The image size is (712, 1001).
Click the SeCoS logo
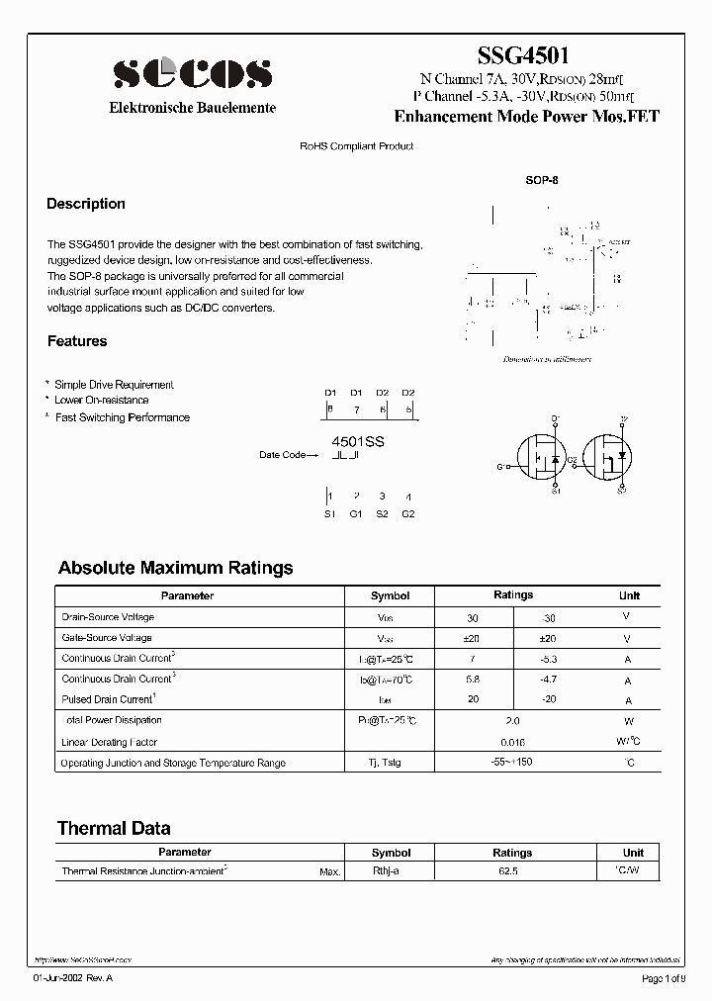pyautogui.click(x=192, y=74)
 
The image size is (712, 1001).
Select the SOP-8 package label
pyautogui.click(x=542, y=182)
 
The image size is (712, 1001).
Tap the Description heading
pyautogui.click(x=86, y=204)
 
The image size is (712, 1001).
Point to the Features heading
pyautogui.click(x=77, y=341)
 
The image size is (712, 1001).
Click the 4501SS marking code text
pyautogui.click(x=357, y=442)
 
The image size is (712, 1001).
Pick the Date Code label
pyautogui.click(x=283, y=455)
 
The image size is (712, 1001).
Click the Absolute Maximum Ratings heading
pyautogui.click(x=176, y=568)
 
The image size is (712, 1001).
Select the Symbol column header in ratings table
pyautogui.click(x=390, y=595)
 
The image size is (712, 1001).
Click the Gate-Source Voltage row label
pyautogui.click(x=107, y=638)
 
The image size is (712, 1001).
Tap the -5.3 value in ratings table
pyautogui.click(x=550, y=659)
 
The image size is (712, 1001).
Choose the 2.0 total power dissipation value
pyautogui.click(x=513, y=721)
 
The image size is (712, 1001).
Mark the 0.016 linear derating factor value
pyautogui.click(x=513, y=742)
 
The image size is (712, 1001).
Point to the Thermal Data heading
pyautogui.click(x=114, y=828)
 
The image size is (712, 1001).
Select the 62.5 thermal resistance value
pyautogui.click(x=512, y=871)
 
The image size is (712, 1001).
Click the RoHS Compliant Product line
pyautogui.click(x=356, y=146)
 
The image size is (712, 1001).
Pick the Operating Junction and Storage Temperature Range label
pyautogui.click(x=173, y=763)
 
